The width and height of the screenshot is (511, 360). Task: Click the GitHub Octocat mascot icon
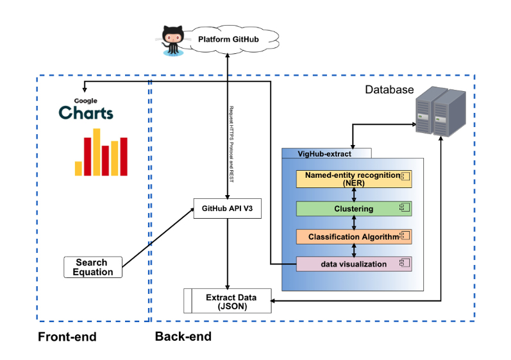coord(171,40)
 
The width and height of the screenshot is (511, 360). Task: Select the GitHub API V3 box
coord(228,209)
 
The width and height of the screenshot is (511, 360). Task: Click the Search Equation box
coord(92,267)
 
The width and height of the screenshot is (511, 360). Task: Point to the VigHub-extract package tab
coord(326,153)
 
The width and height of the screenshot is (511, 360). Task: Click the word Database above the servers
coord(389,89)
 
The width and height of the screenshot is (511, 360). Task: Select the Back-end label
coord(183,336)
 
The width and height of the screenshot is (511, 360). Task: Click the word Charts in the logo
coord(86,114)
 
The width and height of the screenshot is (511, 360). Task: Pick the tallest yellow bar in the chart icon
coord(97,152)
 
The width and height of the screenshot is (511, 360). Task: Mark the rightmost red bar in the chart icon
coord(124,157)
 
